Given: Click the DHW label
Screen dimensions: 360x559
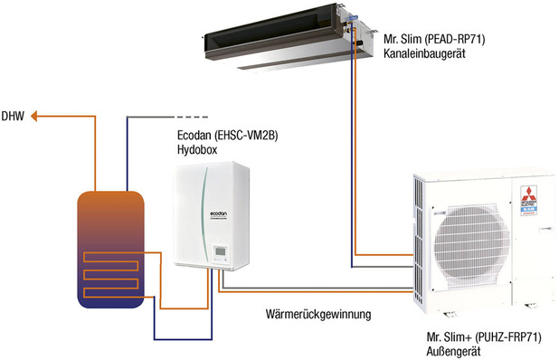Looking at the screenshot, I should pyautogui.click(x=12, y=116).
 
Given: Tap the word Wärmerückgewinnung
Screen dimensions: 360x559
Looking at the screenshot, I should pyautogui.click(x=320, y=314).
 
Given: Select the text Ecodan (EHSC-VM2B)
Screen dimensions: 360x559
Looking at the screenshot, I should pyautogui.click(x=225, y=136).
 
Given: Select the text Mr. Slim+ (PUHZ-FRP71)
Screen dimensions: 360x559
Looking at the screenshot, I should pyautogui.click(x=484, y=336).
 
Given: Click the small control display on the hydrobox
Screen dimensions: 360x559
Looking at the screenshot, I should pyautogui.click(x=219, y=251).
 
